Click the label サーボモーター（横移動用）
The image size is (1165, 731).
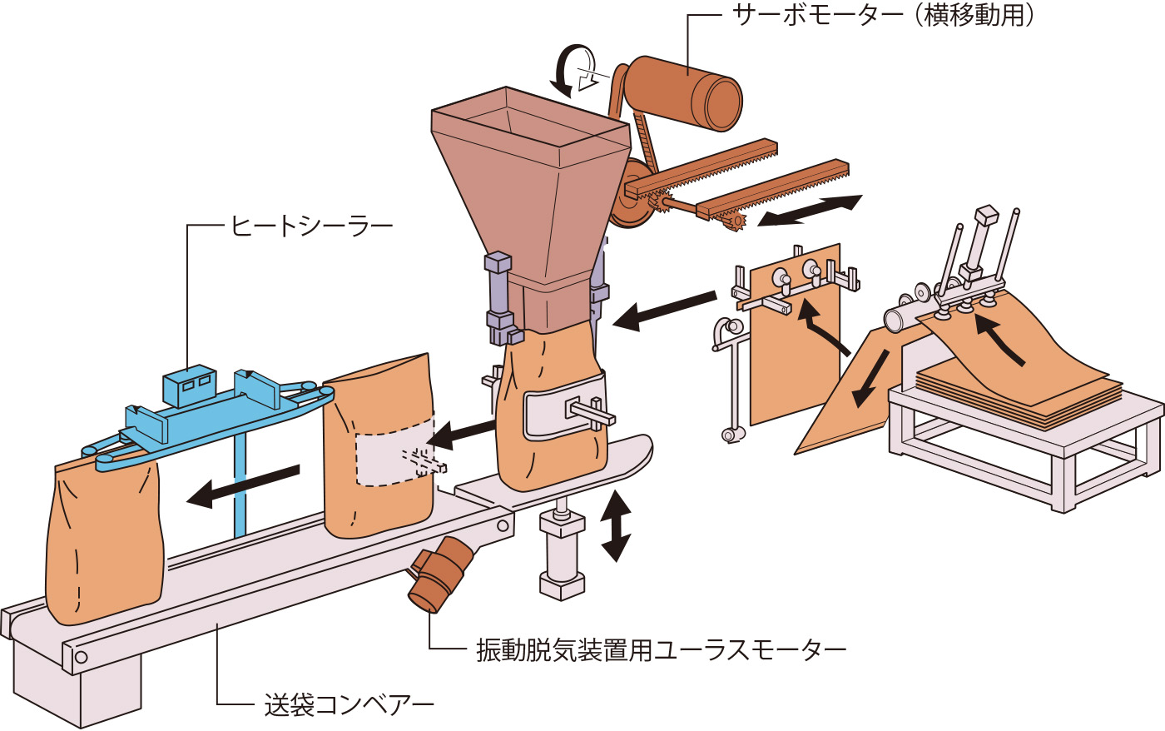click(x=883, y=15)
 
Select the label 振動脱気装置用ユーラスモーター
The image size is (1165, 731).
click(x=661, y=649)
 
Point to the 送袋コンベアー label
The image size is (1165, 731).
click(x=349, y=705)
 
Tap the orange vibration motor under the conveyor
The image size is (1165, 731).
click(x=441, y=574)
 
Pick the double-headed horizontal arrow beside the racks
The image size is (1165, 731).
click(x=810, y=210)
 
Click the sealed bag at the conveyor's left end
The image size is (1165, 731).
click(x=104, y=541)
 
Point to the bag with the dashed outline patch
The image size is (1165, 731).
click(x=379, y=450)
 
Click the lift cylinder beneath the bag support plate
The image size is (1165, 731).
click(x=563, y=554)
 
